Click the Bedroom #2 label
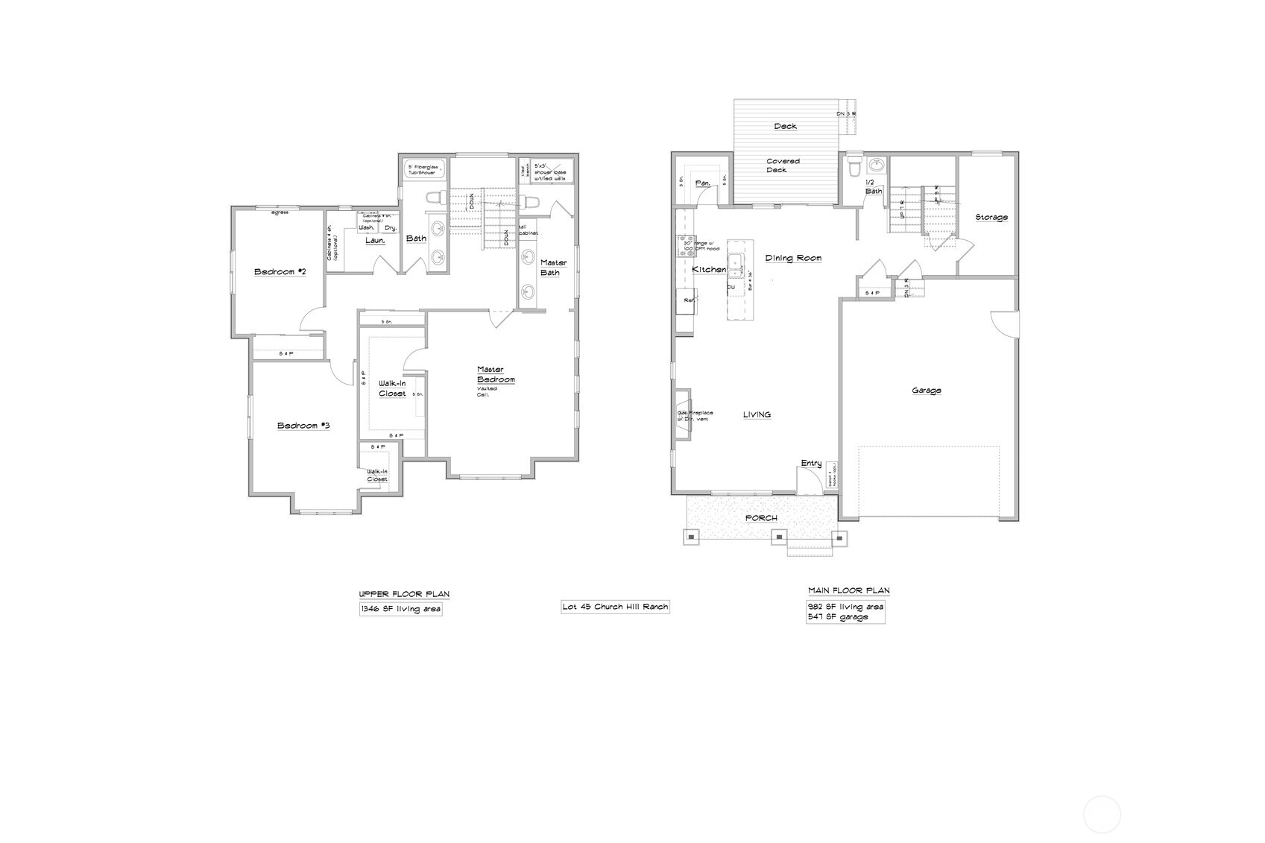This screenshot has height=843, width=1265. point(280,272)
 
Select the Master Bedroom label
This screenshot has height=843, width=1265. point(496,375)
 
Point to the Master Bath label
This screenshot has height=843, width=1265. point(553,267)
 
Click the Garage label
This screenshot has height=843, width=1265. point(927,391)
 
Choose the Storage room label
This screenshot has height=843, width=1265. point(991,218)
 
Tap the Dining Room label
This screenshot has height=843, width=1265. point(793,259)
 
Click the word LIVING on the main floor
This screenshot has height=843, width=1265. point(757,415)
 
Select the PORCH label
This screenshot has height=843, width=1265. point(761,518)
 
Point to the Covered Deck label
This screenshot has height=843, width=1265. point(783,165)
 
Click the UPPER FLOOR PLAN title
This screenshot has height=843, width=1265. point(404,594)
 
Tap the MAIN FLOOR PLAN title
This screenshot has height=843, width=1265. point(849,590)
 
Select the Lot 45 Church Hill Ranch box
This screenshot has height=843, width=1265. point(615,607)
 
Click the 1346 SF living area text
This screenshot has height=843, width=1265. point(401,609)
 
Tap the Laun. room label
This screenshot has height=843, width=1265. point(375,240)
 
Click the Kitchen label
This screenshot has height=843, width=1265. point(709,269)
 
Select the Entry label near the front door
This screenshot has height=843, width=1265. point(811,464)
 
